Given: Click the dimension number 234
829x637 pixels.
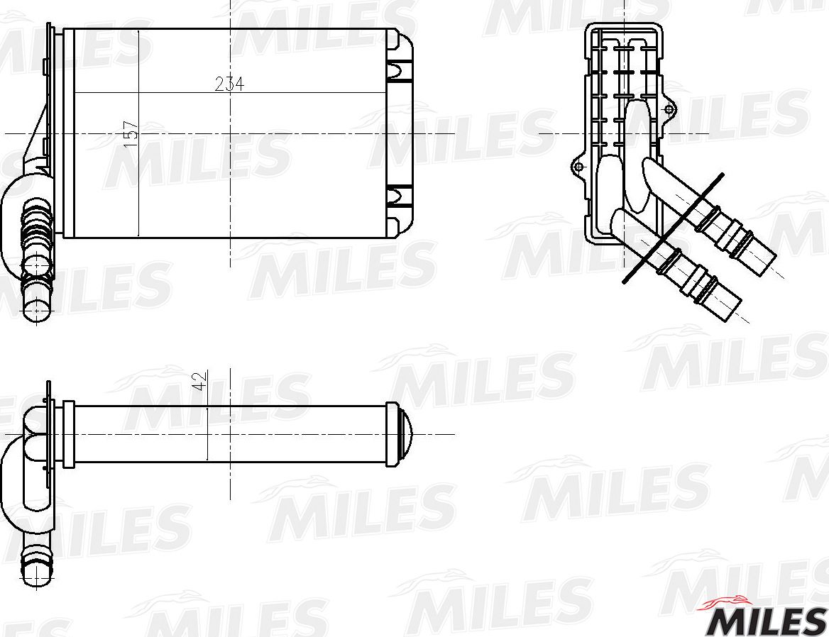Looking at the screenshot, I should [229, 84].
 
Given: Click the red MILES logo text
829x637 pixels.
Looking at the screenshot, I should [764, 621].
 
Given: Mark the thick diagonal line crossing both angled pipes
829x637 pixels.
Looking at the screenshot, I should [673, 228].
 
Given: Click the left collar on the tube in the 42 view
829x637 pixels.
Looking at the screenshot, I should [68, 434].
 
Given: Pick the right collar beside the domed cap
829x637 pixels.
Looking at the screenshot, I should [392, 434].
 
